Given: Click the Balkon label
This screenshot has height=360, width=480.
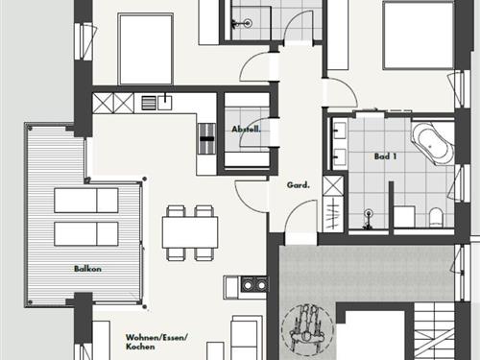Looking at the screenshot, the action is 87,269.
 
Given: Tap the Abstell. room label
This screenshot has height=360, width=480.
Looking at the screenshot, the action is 247,130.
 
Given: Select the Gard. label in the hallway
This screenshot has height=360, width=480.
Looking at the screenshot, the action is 299,185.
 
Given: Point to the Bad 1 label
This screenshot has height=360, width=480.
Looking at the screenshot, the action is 386,156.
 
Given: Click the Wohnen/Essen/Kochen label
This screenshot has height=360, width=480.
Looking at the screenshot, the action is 156,342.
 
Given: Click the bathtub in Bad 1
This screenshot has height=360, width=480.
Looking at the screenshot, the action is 432,144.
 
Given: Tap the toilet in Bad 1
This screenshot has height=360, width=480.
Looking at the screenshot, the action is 436,216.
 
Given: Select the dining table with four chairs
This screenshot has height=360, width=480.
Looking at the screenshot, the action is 190,232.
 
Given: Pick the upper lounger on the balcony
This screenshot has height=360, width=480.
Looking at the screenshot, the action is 86,201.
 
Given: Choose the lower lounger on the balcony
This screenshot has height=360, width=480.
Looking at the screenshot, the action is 86,234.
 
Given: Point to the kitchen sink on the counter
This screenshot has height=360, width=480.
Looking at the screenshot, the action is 164,103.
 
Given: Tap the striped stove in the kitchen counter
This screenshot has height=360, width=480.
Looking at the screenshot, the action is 207,139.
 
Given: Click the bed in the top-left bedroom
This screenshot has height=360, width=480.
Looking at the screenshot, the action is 146,49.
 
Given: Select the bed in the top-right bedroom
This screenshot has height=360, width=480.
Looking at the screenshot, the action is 419,36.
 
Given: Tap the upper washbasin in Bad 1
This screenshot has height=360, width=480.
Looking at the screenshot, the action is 339,129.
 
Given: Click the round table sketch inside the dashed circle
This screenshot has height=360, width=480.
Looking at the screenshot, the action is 307,329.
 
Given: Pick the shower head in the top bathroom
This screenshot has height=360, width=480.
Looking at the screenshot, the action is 247,23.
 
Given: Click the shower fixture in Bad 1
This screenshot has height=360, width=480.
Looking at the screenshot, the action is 369,218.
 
